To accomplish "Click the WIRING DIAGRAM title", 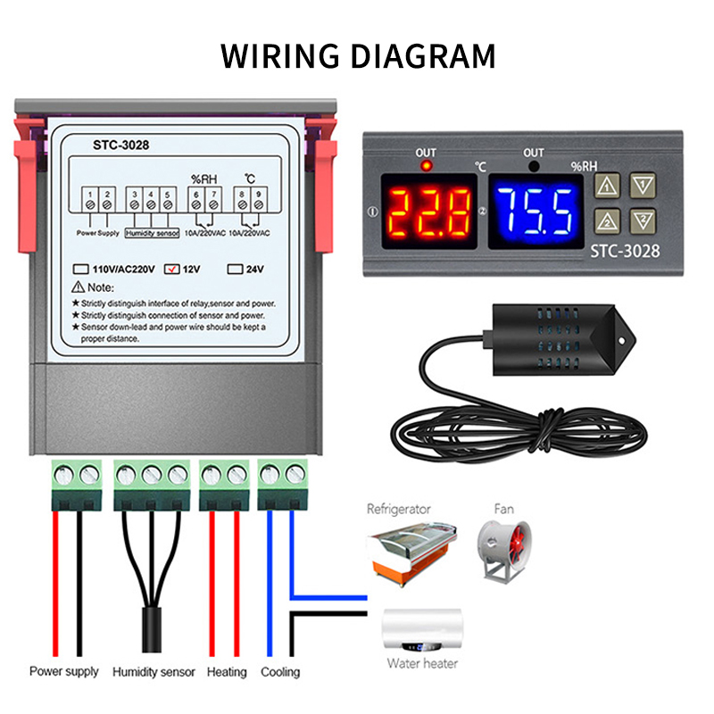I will (357, 55).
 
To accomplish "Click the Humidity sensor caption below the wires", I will (154, 672).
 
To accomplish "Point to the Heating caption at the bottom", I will (227, 672).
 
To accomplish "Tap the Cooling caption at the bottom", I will (280, 672).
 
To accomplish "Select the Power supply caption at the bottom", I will (64, 672).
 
